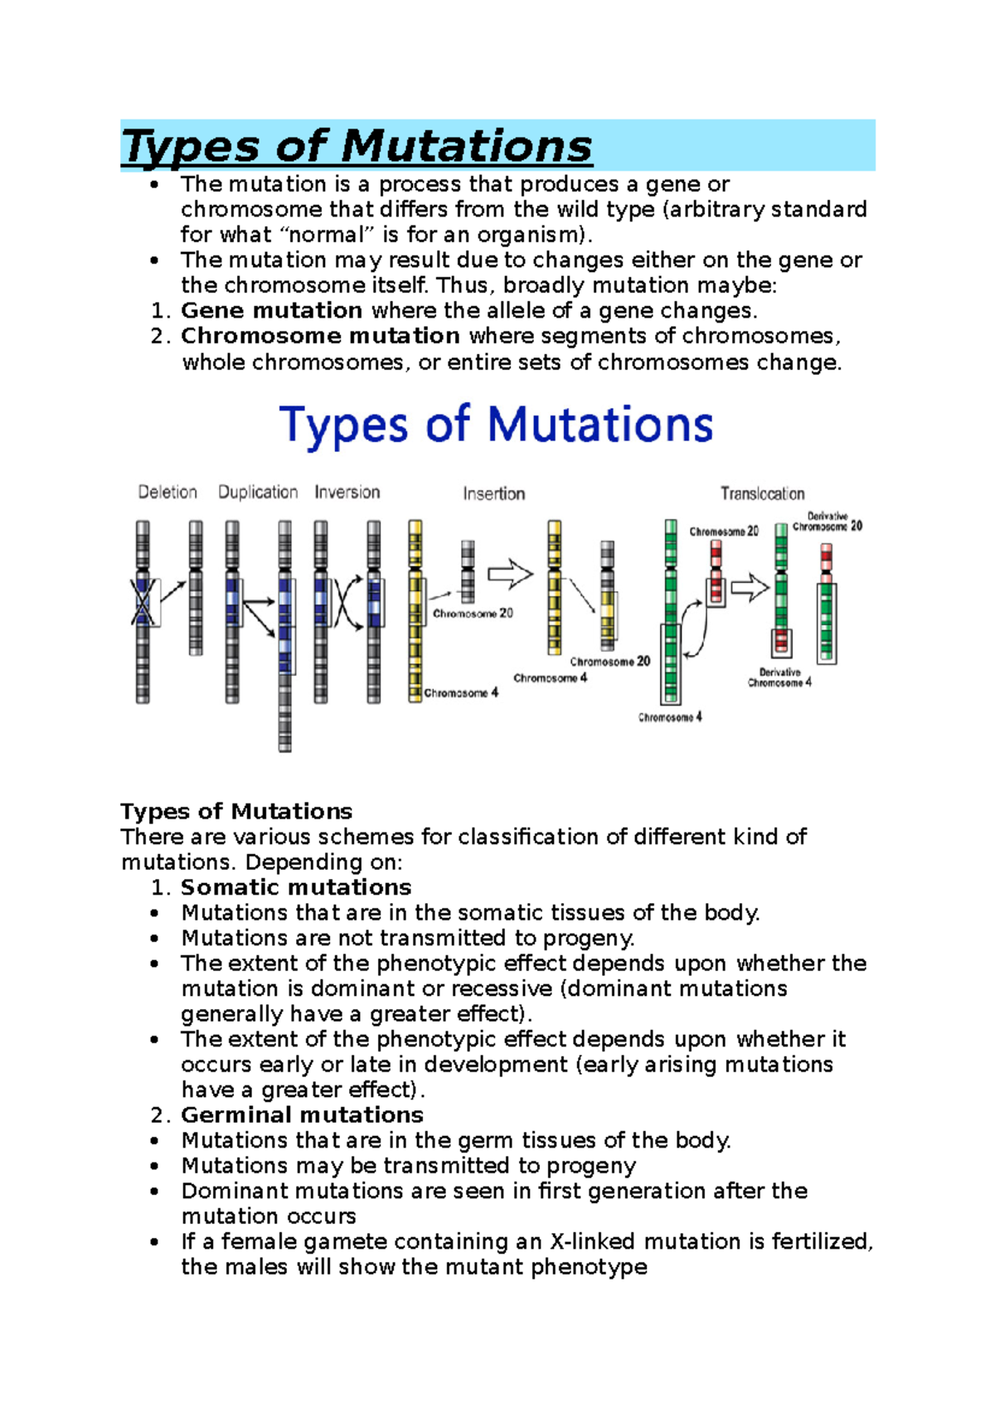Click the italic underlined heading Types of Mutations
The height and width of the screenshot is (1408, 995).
click(x=357, y=147)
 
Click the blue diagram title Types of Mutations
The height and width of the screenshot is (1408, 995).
click(x=496, y=425)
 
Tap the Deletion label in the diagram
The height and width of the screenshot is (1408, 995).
click(x=167, y=492)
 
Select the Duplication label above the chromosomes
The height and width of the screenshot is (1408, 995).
click(x=258, y=493)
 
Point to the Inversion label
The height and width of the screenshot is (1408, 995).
click(x=347, y=492)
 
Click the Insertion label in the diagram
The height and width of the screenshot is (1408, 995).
click(x=494, y=493)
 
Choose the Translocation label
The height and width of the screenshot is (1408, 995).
click(x=763, y=493)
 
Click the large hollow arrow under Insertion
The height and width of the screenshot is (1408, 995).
click(x=510, y=573)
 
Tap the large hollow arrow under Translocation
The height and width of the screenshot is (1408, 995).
click(x=750, y=589)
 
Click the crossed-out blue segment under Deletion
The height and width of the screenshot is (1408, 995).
click(x=143, y=601)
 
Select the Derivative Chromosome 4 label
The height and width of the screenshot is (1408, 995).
click(x=779, y=677)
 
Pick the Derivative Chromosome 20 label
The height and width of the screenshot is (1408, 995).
click(x=828, y=521)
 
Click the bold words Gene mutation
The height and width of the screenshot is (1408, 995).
click(x=271, y=310)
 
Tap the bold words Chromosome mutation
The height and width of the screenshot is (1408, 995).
click(x=321, y=336)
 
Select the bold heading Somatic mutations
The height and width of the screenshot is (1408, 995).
click(x=296, y=887)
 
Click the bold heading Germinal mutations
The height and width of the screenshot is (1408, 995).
click(x=303, y=1114)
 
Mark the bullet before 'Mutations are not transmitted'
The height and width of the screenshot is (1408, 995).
click(x=154, y=939)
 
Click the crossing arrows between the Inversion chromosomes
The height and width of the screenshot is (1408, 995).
click(x=347, y=601)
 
